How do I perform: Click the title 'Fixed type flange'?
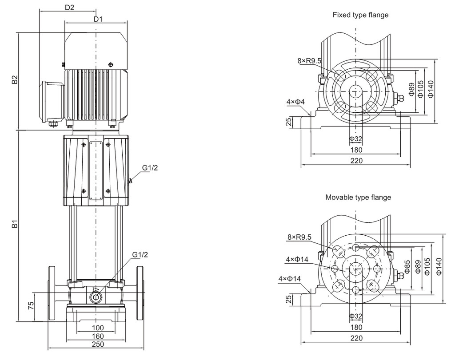tap(360, 15)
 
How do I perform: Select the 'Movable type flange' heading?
tap(358, 197)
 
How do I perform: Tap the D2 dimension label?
tap(69, 8)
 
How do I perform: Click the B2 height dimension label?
tap(15, 80)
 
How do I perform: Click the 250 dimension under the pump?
tap(98, 344)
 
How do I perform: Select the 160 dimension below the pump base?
tap(98, 336)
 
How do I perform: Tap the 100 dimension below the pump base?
tap(98, 328)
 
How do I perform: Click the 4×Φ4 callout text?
tap(295, 102)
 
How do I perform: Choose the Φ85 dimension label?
tap(407, 266)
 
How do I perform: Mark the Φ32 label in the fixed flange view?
tap(355, 139)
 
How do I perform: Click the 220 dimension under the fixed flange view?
tap(356, 161)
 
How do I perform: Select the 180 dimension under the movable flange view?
tap(356, 327)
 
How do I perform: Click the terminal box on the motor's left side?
tap(52, 101)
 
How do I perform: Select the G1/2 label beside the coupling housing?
tap(150, 167)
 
